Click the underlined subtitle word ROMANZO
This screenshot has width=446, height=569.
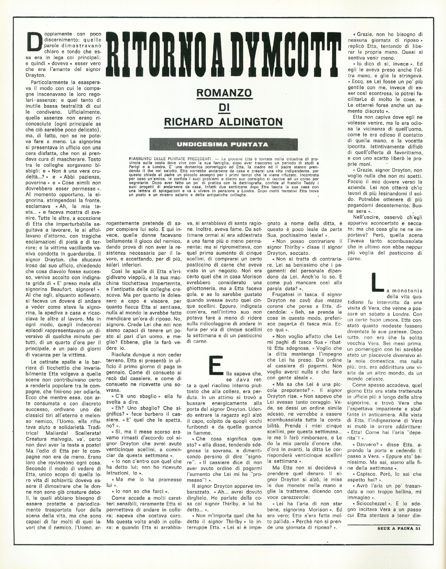click(224, 93)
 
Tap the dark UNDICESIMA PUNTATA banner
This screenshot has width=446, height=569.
click(224, 144)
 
